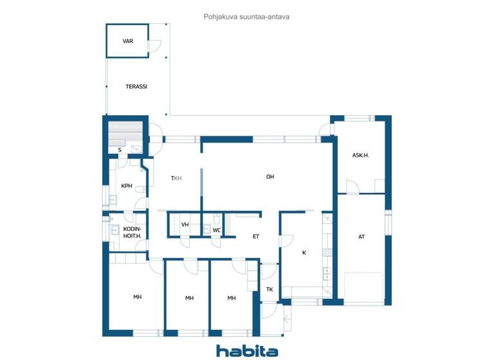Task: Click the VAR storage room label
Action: click(x=127, y=41)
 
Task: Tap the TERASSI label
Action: click(x=136, y=86)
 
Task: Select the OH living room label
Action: click(x=270, y=177)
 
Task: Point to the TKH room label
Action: click(x=176, y=178)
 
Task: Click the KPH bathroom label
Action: click(x=127, y=186)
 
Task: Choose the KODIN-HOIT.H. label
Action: click(x=132, y=232)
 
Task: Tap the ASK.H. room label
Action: click(x=360, y=155)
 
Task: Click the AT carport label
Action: click(x=361, y=237)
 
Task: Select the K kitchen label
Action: click(x=304, y=253)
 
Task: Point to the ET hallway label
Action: click(x=255, y=237)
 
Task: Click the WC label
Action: click(x=217, y=230)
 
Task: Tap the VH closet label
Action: click(x=185, y=224)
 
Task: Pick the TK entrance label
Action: click(x=270, y=289)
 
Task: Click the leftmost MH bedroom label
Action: click(x=137, y=297)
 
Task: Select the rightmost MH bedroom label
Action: click(x=232, y=298)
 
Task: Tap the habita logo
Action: click(x=247, y=350)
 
